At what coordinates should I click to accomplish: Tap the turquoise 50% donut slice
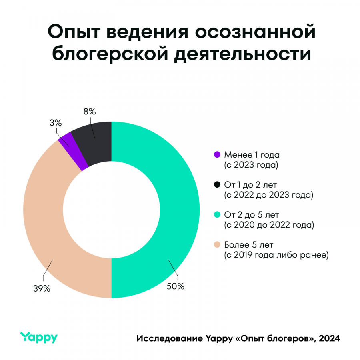176,208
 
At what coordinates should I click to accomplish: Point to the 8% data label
90,112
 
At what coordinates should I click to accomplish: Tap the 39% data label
42,288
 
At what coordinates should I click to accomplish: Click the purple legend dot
217,154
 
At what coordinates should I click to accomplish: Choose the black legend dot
217,184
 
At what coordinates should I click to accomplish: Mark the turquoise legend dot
217,214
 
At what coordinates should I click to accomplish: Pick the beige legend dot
217,244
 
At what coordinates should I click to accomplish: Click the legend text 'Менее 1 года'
249,154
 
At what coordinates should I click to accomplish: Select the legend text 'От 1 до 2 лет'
250,184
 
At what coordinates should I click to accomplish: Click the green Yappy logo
39,337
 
